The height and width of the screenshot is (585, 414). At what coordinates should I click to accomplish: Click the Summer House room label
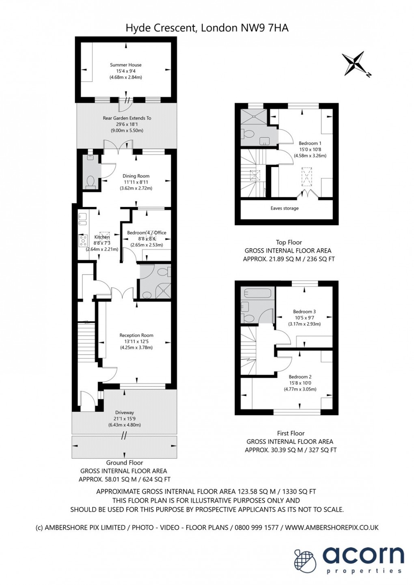click(x=126, y=65)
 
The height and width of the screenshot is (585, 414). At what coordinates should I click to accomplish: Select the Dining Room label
click(x=136, y=176)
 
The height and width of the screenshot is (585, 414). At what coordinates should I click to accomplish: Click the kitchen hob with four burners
click(x=84, y=241)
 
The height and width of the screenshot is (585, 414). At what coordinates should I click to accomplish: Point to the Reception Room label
click(x=136, y=335)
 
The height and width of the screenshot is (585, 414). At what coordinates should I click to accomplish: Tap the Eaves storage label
click(x=285, y=208)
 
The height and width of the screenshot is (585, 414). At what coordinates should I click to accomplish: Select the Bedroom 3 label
click(x=304, y=311)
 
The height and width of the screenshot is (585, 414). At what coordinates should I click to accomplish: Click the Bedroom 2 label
click(x=300, y=376)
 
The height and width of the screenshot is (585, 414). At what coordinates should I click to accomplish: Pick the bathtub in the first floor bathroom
click(x=258, y=292)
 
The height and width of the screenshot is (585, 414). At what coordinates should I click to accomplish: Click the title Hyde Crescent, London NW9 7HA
click(x=207, y=28)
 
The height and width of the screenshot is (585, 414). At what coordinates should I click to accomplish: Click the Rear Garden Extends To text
click(x=127, y=118)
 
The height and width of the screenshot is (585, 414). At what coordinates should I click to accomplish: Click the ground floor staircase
click(x=86, y=342)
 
